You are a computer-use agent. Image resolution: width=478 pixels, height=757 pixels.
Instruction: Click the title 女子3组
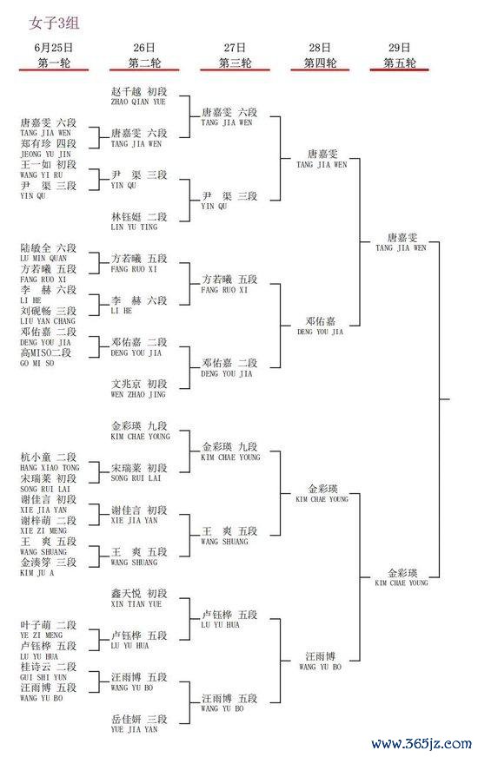(54, 23)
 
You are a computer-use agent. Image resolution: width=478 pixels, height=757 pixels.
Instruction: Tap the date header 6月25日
(54, 47)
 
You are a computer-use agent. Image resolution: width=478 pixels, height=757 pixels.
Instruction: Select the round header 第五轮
(400, 63)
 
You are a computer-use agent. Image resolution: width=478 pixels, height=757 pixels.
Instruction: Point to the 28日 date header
(320, 47)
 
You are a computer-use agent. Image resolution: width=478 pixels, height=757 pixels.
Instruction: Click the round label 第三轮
(236, 63)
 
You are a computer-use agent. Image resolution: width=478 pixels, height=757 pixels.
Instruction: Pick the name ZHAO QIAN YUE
(138, 102)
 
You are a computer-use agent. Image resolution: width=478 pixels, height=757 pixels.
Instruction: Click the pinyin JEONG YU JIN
(45, 154)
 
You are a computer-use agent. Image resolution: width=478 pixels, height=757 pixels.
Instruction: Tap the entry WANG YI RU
(42, 174)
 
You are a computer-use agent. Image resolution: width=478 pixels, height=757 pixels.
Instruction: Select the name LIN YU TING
(135, 227)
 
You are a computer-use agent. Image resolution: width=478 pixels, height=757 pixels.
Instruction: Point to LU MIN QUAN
(43, 259)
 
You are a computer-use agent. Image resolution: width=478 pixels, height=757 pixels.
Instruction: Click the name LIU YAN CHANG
(48, 321)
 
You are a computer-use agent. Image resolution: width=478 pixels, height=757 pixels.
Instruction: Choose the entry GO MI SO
(37, 363)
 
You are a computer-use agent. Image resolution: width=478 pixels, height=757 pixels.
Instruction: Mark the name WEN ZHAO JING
(138, 394)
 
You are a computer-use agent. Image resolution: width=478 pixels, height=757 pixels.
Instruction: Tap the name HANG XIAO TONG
(50, 468)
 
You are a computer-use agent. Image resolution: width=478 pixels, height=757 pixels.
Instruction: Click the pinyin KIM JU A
(37, 573)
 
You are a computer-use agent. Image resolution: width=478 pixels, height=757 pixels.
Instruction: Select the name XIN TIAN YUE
(136, 604)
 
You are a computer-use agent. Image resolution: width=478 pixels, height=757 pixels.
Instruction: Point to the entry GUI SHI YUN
(43, 677)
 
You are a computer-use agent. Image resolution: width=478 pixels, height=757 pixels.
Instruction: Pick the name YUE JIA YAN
(135, 729)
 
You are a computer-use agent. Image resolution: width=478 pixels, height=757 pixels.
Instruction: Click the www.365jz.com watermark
(422, 744)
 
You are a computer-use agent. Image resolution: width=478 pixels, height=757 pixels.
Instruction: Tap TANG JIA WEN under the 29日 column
(402, 247)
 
